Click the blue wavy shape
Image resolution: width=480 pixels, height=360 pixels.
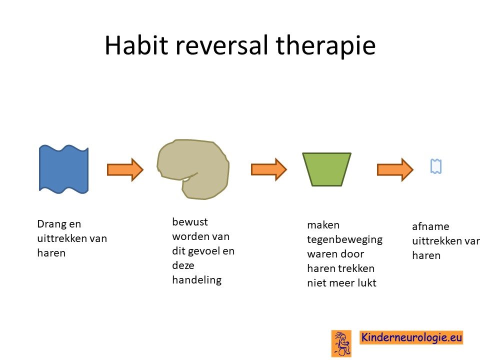tap(63, 169)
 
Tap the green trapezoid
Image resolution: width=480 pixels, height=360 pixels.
tap(326, 169)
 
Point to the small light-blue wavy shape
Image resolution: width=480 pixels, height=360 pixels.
tap(436, 166)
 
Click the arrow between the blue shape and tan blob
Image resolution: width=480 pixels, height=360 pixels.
tap(125, 169)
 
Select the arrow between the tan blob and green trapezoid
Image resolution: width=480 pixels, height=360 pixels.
tap(269, 169)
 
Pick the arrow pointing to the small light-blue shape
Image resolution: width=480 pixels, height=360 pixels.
tap(395, 169)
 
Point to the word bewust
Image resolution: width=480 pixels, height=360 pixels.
tap(190, 221)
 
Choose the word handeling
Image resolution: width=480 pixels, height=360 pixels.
tap(197, 280)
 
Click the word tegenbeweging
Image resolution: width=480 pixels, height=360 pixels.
tap(344, 239)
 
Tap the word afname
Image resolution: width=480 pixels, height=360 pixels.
tap(430, 226)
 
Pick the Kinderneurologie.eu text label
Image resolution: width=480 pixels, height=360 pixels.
tap(411, 337)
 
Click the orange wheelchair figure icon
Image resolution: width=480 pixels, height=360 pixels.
tap(341, 343)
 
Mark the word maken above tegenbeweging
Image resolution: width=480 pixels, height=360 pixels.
tap(323, 225)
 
